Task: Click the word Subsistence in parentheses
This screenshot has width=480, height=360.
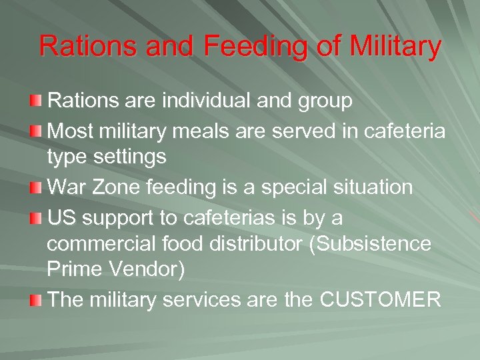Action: [378, 245]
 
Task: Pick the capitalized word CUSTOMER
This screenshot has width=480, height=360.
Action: [381, 301]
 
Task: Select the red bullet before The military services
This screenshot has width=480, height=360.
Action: [35, 301]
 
